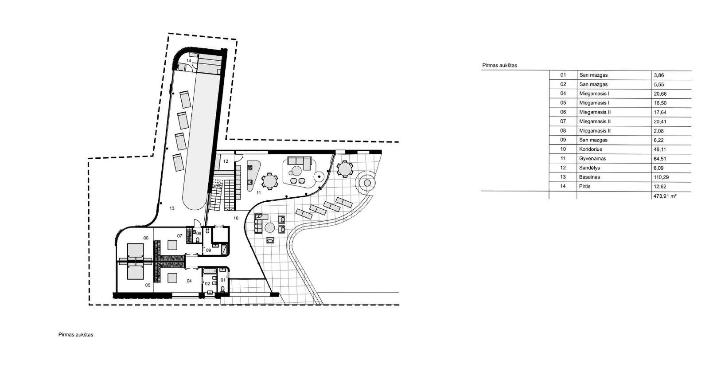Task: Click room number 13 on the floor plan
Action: point(172,208)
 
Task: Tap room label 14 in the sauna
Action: point(189,60)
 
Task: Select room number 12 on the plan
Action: point(226,161)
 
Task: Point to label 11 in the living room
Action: point(259,192)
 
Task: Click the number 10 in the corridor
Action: point(236,218)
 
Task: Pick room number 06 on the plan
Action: point(146,238)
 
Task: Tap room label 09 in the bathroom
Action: point(209,250)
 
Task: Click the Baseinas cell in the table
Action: point(589,177)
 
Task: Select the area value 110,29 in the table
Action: point(661,177)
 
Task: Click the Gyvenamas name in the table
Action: point(592,158)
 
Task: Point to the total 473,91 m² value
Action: point(665,196)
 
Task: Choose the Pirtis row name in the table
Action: point(584,186)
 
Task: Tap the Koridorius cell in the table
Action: point(591,149)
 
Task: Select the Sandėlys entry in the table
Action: point(590,168)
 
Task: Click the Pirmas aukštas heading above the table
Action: point(499,66)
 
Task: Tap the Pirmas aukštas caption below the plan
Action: point(76,334)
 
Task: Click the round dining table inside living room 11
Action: point(269,181)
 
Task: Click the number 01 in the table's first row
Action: point(563,75)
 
